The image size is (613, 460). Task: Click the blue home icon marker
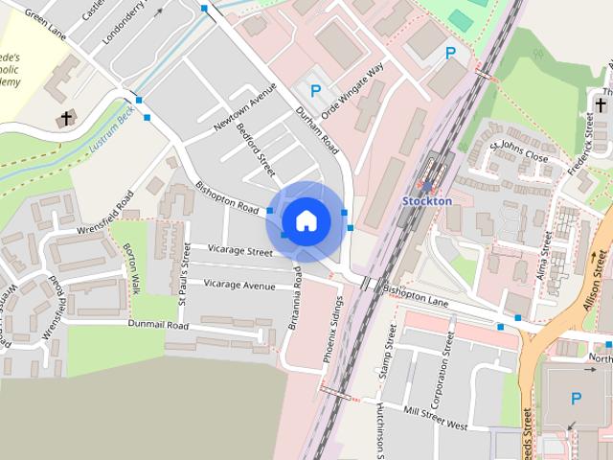pyautogui.click(x=306, y=220)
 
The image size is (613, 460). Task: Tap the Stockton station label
pyautogui.click(x=425, y=201)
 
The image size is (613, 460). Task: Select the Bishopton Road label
pyautogui.click(x=228, y=196)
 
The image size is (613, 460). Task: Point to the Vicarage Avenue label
pyautogui.click(x=239, y=285)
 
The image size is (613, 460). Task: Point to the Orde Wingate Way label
pyautogui.click(x=352, y=90)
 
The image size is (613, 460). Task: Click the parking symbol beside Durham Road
pyautogui.click(x=315, y=92)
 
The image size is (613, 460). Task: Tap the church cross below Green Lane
pyautogui.click(x=66, y=119)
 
